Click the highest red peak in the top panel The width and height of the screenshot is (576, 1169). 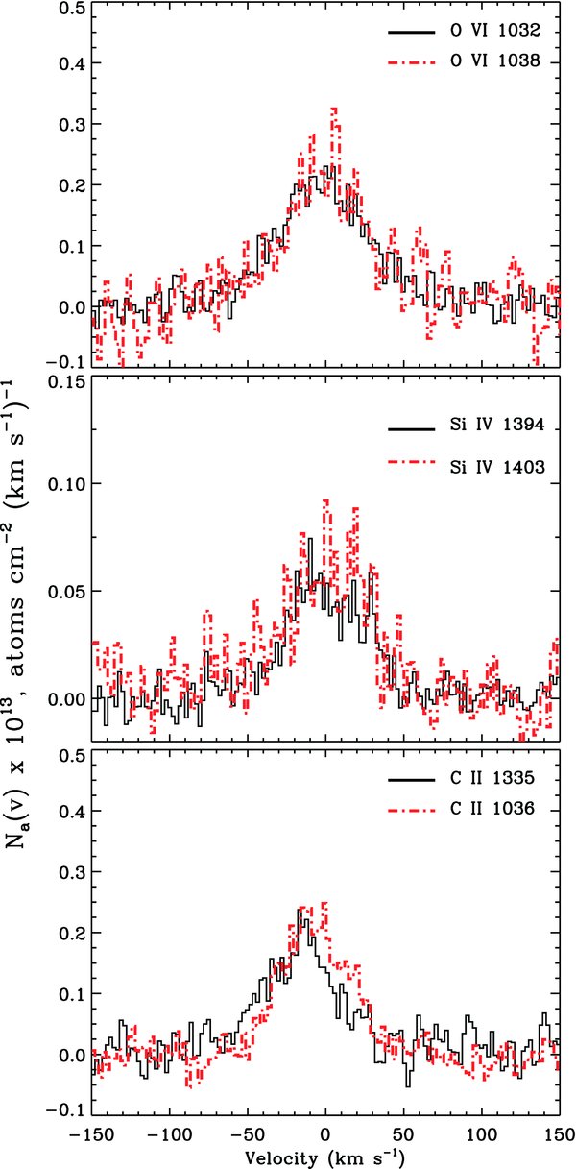tap(333, 109)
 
